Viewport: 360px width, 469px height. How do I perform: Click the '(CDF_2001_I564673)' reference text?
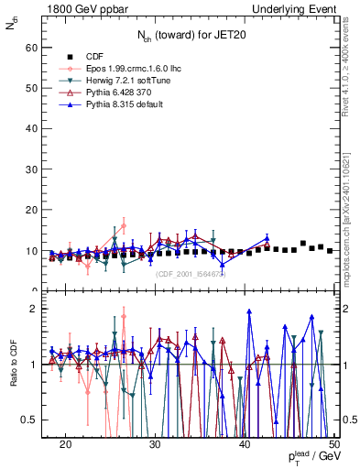(192, 273)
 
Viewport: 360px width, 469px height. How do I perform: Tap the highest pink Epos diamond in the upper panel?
(124, 225)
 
